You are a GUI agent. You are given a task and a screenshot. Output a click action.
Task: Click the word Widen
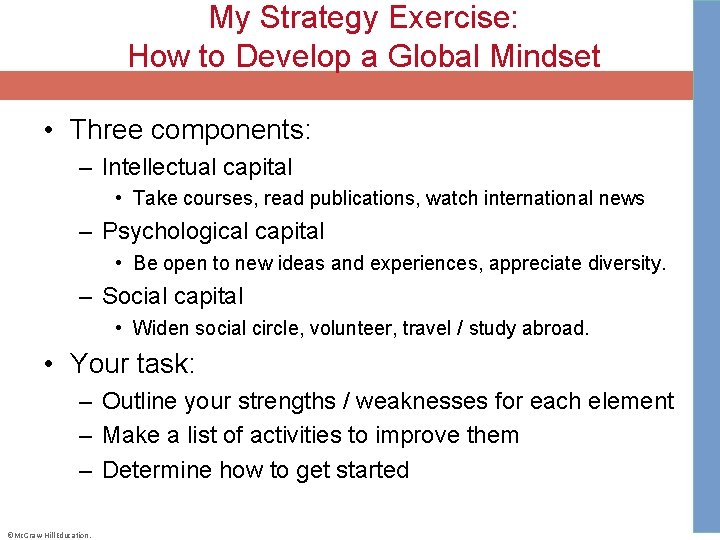coord(161,328)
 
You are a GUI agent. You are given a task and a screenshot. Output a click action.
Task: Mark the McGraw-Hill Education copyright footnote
coord(48,534)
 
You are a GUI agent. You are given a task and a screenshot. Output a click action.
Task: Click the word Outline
coord(143,401)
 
